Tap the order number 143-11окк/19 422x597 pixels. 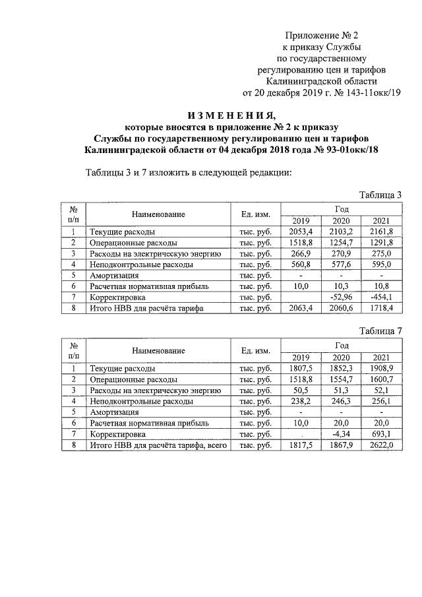[x=369, y=93]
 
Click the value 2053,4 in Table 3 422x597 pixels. [x=300, y=232]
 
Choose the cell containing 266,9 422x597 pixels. [x=300, y=253]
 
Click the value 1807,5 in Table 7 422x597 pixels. [x=300, y=369]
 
